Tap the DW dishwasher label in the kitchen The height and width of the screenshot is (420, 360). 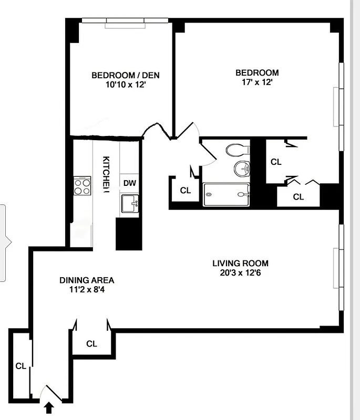(130, 183)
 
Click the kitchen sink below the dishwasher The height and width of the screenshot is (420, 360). (130, 203)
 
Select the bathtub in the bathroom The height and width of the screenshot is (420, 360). (226, 195)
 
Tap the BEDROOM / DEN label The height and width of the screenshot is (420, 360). (125, 75)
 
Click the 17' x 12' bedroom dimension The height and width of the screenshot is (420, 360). (257, 82)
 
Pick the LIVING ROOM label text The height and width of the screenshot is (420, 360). (241, 263)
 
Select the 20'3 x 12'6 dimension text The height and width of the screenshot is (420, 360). (241, 272)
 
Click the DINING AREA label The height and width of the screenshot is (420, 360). (87, 280)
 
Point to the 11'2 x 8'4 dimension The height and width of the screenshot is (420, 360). (87, 289)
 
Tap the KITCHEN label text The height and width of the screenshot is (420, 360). (106, 174)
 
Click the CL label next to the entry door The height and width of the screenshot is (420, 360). (20, 366)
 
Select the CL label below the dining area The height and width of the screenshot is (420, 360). (92, 344)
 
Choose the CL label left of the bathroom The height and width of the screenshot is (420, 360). (185, 191)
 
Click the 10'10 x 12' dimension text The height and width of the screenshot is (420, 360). (125, 84)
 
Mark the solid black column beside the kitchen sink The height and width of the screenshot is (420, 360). (129, 234)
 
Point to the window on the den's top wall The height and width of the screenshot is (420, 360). (125, 21)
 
